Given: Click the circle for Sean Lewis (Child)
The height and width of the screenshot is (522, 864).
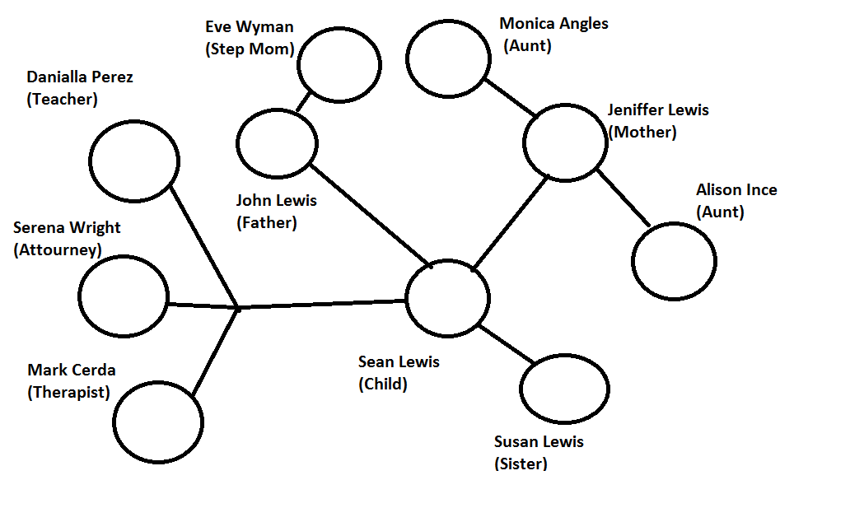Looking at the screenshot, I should pyautogui.click(x=447, y=298).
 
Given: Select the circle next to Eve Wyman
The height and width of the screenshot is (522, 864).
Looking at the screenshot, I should pyautogui.click(x=339, y=64).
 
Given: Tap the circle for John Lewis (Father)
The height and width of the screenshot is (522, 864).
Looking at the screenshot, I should pyautogui.click(x=277, y=143).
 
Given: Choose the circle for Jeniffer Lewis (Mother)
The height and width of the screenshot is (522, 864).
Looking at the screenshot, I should pyautogui.click(x=565, y=142).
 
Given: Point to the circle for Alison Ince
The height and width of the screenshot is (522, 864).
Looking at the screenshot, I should pyautogui.click(x=674, y=260).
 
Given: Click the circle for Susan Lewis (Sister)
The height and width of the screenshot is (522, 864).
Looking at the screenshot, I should pyautogui.click(x=564, y=389).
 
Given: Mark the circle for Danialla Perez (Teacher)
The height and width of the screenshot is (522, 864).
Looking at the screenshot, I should pyautogui.click(x=134, y=161).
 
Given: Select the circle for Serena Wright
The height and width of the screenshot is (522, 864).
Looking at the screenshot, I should pyautogui.click(x=124, y=296).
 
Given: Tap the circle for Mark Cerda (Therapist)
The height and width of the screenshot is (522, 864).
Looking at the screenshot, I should pyautogui.click(x=158, y=422).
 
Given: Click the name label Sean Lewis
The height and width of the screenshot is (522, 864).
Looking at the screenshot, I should pyautogui.click(x=399, y=362).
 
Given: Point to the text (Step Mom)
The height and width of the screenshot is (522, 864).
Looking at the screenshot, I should pyautogui.click(x=250, y=49).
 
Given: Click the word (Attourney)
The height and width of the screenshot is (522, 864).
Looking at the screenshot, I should pyautogui.click(x=58, y=249).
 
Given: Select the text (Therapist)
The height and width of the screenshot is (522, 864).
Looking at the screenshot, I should pyautogui.click(x=68, y=392).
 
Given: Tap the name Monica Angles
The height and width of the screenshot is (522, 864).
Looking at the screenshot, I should pyautogui.click(x=554, y=23).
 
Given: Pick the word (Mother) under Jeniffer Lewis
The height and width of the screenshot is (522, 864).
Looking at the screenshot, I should pyautogui.click(x=642, y=132).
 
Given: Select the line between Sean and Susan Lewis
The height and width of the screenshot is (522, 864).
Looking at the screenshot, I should pyautogui.click(x=506, y=343).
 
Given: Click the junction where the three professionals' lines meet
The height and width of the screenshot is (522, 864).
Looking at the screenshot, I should pyautogui.click(x=238, y=308).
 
